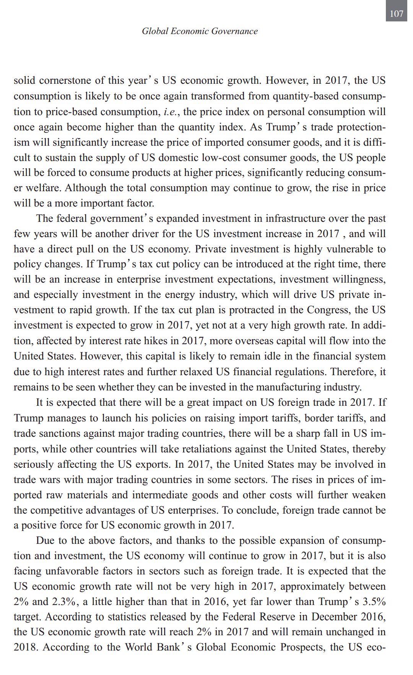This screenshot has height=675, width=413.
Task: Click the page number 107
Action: (396, 14)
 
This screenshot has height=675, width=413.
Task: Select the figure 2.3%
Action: (64, 602)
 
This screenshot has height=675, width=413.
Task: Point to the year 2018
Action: (25, 647)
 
